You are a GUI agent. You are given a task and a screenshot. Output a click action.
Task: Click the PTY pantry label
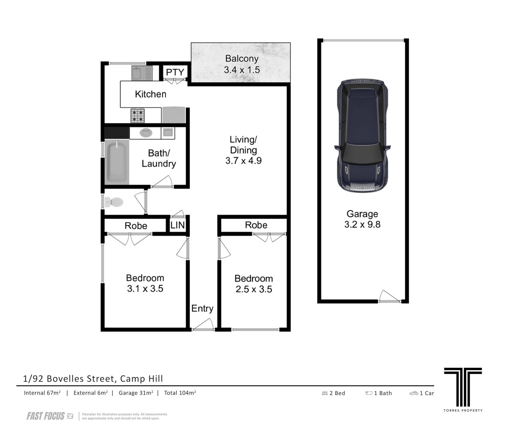pos(175,72)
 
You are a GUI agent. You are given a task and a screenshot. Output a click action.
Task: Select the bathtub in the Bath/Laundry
pos(117,162)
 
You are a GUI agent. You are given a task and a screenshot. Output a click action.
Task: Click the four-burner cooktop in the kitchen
pos(138,116)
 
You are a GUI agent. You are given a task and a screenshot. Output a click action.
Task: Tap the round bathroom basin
pos(146,133)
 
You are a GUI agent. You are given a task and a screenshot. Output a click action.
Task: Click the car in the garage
pos(362,135)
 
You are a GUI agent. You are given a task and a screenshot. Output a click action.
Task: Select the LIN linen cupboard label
pos(177,225)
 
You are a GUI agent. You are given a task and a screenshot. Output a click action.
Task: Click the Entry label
pos(202,308)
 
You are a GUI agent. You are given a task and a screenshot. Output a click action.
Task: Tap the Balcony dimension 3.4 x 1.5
pos(242,70)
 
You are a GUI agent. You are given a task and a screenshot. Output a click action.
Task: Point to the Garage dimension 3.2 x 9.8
pos(362,225)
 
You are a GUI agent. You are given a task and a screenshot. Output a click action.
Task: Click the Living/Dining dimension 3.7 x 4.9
pos(244,161)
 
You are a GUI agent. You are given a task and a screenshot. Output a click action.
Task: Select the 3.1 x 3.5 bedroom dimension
pos(145,288)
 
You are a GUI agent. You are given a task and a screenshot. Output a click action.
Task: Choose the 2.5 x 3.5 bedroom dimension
pos(254,289)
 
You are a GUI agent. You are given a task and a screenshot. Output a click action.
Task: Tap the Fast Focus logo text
pos(46,416)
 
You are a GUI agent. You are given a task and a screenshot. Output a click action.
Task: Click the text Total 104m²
pos(180,393)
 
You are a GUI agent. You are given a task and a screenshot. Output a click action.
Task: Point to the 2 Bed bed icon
pos(325,393)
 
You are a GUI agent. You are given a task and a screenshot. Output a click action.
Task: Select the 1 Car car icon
pos(414,393)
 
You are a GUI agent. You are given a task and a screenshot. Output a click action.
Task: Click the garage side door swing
pos(389,296)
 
